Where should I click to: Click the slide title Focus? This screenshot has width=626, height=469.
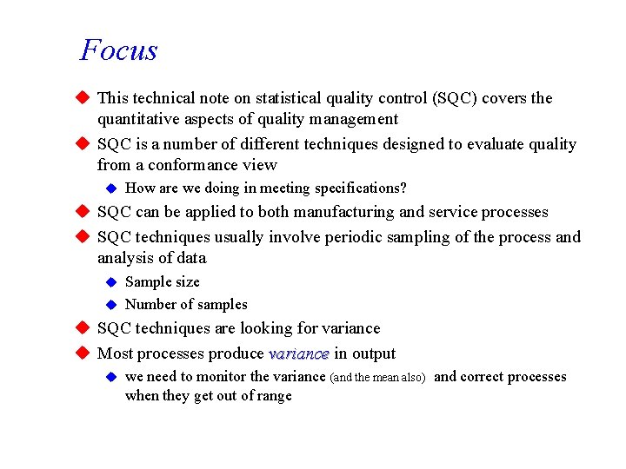point(119,50)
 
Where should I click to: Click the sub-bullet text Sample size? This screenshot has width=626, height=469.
point(163,282)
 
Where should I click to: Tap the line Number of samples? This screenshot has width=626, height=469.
point(186,305)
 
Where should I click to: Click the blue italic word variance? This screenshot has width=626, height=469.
point(299,353)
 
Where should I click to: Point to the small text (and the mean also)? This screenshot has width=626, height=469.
point(377,378)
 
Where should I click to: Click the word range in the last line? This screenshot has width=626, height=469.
point(273,396)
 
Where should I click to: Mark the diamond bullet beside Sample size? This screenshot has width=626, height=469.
point(110,282)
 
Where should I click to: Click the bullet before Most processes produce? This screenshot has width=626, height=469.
point(83,353)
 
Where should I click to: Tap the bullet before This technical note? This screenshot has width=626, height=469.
point(83,98)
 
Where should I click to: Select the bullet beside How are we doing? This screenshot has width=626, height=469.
point(110,188)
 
